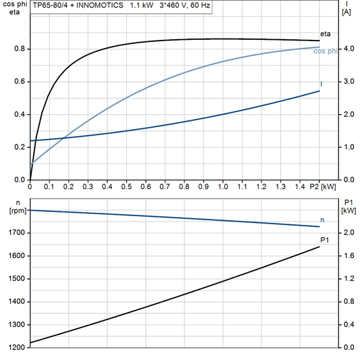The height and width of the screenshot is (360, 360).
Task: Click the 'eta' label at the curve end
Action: click(324, 33)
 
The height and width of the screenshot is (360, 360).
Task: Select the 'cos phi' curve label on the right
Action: click(327, 52)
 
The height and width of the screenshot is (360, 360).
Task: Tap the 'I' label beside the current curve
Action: click(321, 84)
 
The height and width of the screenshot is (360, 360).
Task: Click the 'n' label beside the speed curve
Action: click(322, 220)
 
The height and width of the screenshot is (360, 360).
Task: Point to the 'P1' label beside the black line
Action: click(324, 240)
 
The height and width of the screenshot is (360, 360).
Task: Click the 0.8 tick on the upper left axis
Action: click(20, 49)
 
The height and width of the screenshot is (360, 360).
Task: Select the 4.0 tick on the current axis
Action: click(348, 49)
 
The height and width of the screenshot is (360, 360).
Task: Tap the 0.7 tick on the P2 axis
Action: click(165, 186)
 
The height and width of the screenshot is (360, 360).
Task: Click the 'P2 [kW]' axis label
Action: click(323, 186)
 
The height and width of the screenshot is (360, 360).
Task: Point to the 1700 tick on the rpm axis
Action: click(17, 233)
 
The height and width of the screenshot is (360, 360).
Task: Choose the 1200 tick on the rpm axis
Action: click(17, 348)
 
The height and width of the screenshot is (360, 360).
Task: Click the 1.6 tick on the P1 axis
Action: click(348, 256)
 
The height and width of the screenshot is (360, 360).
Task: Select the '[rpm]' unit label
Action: click(16, 211)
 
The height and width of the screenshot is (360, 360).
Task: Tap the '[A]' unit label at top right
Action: click(346, 12)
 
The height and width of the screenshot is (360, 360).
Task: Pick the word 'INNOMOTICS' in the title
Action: click(101, 5)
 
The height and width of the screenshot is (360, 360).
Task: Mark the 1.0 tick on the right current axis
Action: click(348, 147)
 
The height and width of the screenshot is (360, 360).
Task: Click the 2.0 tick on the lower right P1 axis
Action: click(348, 233)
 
